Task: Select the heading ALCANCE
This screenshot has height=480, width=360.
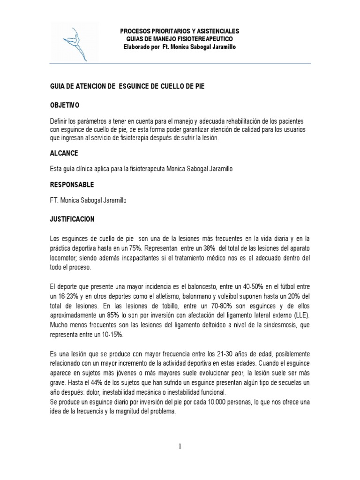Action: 64,153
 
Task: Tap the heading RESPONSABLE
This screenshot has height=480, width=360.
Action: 72,184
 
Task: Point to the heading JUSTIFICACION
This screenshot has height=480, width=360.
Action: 72,219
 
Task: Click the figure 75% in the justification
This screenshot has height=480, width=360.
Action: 141,247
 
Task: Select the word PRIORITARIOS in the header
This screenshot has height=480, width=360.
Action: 164,30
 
